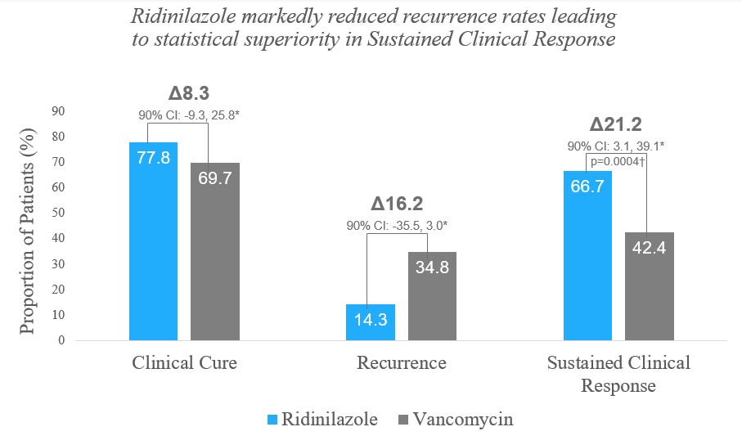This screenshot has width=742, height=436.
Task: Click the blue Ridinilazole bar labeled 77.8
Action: [153, 241]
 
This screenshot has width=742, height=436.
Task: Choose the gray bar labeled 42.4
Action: [650, 285]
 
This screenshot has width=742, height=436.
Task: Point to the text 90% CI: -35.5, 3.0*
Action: [402, 225]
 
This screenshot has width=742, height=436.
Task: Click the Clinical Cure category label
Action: [185, 363]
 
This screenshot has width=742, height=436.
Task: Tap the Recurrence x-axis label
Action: [402, 363]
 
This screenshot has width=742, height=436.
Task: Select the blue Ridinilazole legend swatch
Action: [272, 420]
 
